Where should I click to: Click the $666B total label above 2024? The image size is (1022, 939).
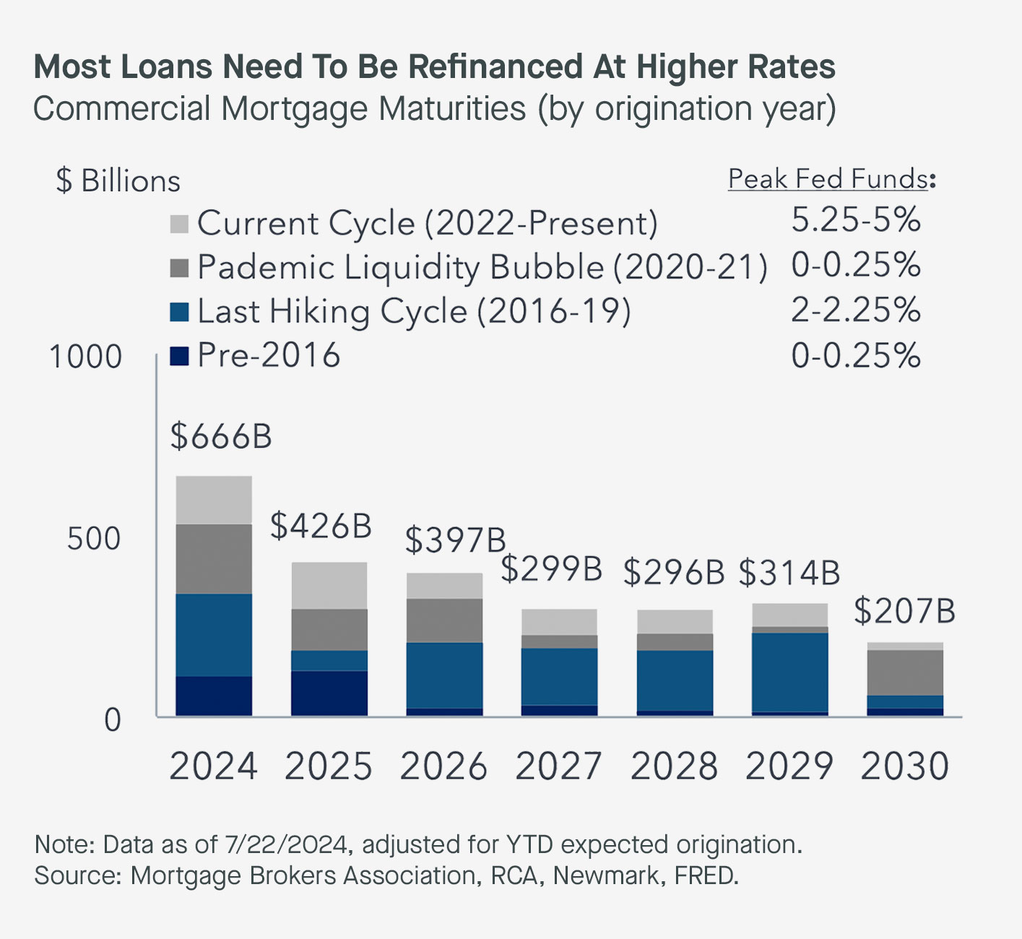pyautogui.click(x=221, y=437)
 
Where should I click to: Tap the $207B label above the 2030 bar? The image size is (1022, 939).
pyautogui.click(x=904, y=611)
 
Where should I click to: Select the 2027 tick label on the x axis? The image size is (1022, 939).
pyautogui.click(x=558, y=766)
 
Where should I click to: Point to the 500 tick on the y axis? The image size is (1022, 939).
pyautogui.click(x=93, y=539)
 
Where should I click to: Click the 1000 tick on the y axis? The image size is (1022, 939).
pyautogui.click(x=85, y=357)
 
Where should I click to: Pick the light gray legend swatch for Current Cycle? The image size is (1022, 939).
pyautogui.click(x=179, y=224)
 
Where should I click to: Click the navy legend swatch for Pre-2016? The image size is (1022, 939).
pyautogui.click(x=179, y=356)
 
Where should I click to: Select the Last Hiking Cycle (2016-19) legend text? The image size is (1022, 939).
pyautogui.click(x=414, y=312)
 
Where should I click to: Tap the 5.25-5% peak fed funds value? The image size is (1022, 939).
pyautogui.click(x=856, y=220)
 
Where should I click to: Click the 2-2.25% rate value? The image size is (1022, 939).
pyautogui.click(x=856, y=311)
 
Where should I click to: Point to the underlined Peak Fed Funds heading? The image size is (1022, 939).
pyautogui.click(x=828, y=178)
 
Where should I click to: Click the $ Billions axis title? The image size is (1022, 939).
pyautogui.click(x=118, y=181)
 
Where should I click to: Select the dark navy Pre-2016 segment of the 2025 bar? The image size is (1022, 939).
pyautogui.click(x=329, y=693)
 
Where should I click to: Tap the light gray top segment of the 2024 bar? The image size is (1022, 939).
pyautogui.click(x=214, y=500)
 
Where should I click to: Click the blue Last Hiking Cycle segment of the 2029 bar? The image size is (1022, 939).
pyautogui.click(x=789, y=672)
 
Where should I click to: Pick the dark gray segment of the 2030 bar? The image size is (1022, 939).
pyautogui.click(x=905, y=672)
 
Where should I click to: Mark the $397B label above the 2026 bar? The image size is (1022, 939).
pyautogui.click(x=454, y=540)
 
